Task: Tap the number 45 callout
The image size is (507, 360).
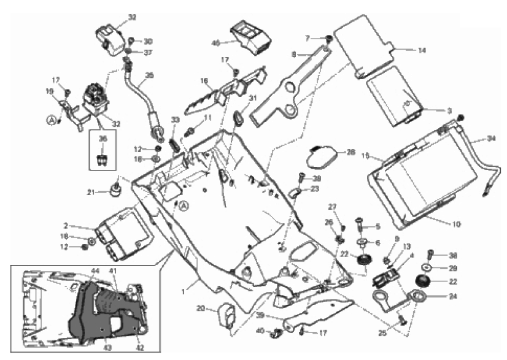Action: click(x=215, y=43)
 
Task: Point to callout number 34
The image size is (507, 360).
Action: click(x=491, y=139)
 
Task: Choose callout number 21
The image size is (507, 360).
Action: click(x=91, y=192)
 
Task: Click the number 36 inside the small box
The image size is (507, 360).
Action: click(x=103, y=139)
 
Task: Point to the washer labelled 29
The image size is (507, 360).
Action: click(x=425, y=269)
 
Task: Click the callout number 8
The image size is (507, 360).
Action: click(x=293, y=54)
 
